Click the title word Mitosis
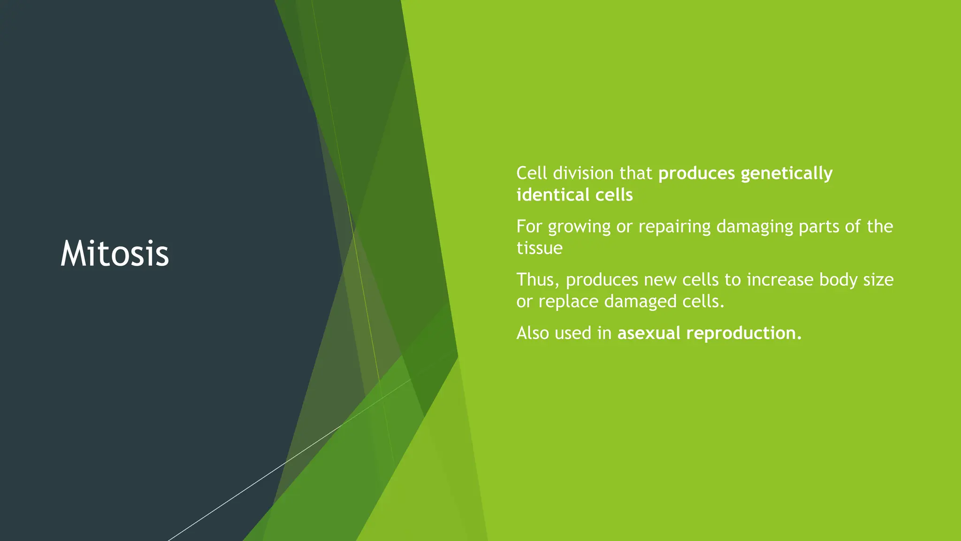114,254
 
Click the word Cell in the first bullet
532,173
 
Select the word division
583,173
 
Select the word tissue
539,248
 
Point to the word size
878,280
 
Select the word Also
533,333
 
